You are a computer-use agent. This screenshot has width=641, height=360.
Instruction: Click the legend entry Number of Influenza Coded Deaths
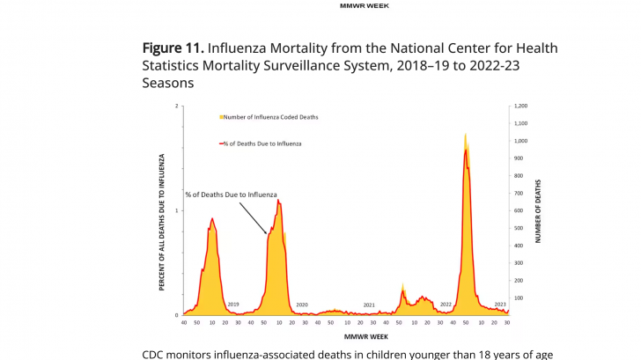(269, 116)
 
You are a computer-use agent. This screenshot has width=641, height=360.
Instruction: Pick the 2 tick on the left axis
(176, 106)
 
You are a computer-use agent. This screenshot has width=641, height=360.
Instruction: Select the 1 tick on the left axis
(176, 210)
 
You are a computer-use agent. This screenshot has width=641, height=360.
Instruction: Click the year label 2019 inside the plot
(233, 305)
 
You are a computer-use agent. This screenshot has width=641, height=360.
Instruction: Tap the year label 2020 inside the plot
(302, 305)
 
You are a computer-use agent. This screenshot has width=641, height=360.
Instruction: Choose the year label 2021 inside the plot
(370, 305)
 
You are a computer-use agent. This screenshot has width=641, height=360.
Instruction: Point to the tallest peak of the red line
(466, 151)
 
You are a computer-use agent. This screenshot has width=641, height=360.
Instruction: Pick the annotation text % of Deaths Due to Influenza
(231, 194)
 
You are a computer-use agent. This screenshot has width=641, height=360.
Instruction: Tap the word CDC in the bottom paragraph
(155, 354)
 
